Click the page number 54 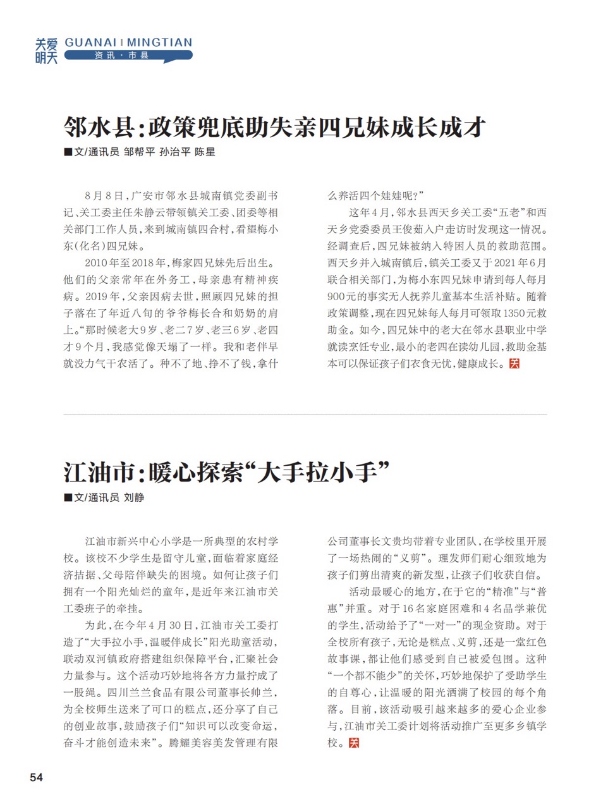[x=35, y=778]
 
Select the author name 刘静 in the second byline [x=134, y=498]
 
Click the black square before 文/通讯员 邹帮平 [x=68, y=153]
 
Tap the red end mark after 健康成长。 [x=514, y=364]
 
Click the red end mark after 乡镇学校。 [x=354, y=743]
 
